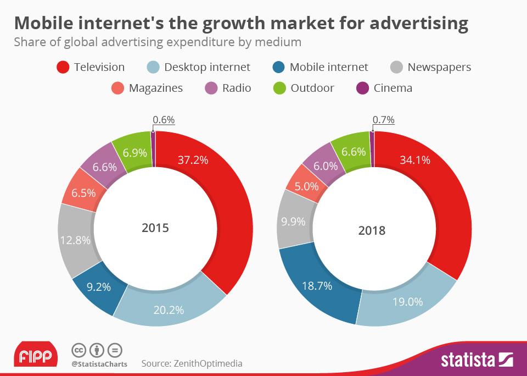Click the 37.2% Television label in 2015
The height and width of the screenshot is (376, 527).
coord(193,159)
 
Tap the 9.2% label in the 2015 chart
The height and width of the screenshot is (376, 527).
coord(99,286)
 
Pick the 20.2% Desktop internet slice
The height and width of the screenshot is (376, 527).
coord(169,310)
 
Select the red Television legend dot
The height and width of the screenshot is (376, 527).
coord(63,68)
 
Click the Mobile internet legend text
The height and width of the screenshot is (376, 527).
coord(328,68)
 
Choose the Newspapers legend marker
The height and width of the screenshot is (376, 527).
coord(397,68)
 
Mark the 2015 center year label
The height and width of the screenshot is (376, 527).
coord(155,228)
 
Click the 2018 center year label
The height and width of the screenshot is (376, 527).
coord(372,230)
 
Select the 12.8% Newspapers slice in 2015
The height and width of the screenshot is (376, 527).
coord(74,241)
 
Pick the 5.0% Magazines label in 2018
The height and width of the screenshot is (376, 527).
coord(306,186)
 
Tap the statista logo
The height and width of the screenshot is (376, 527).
coord(476,360)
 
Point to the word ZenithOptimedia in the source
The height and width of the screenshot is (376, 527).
coord(208,363)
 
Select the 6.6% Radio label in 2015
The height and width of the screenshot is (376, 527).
coord(104,167)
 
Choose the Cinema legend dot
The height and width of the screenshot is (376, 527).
coord(362,88)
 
